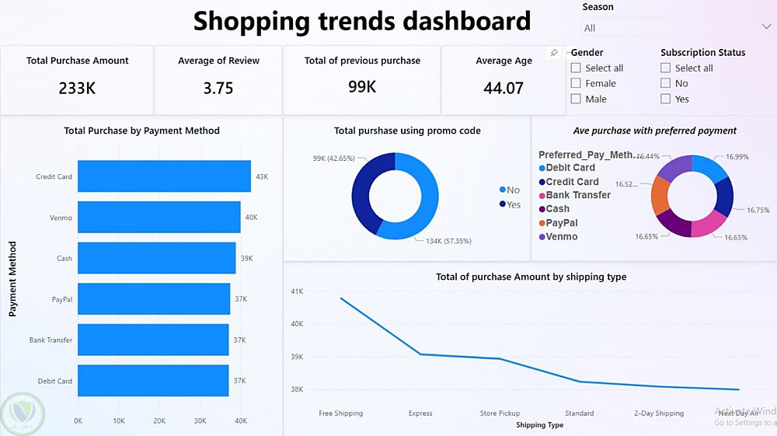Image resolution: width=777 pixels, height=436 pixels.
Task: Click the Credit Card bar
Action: tap(164, 176)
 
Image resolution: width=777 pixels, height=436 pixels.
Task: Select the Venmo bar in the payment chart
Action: tap(159, 218)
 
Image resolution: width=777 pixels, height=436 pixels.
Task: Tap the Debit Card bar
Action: tap(153, 381)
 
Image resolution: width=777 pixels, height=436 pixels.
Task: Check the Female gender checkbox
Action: tap(576, 83)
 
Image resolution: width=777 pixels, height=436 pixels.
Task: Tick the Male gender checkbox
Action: tap(576, 99)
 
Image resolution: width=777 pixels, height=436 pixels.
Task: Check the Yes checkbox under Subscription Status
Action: tap(666, 99)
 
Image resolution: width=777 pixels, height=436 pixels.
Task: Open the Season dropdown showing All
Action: tap(676, 28)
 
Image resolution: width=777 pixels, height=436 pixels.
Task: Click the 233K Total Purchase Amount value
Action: tap(77, 88)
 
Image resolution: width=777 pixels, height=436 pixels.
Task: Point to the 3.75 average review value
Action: tap(218, 88)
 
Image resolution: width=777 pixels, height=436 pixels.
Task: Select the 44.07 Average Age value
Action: tap(503, 88)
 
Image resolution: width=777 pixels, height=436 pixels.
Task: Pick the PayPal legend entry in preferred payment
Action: tap(561, 223)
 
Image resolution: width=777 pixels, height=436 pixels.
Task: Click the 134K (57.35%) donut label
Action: tap(448, 241)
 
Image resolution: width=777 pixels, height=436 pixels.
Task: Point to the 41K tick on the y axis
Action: tap(297, 291)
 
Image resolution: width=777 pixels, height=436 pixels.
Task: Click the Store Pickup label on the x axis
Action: tap(500, 413)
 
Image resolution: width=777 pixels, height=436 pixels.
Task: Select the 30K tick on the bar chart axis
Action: tap(200, 420)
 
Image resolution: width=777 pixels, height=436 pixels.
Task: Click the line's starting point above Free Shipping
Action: tap(341, 298)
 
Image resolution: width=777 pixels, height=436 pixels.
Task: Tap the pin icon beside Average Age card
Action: tap(554, 53)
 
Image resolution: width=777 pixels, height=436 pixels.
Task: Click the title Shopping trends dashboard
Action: tap(362, 21)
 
